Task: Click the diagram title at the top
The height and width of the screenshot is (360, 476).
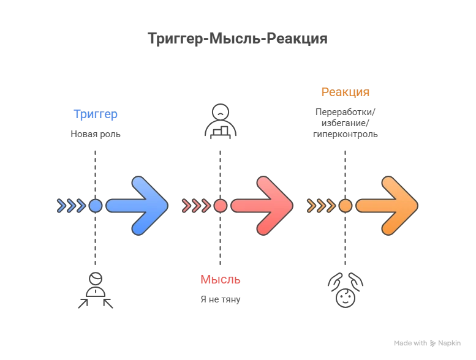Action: click(238, 38)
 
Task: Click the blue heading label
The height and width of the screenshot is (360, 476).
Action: click(95, 114)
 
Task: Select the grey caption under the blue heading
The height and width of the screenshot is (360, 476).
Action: click(95, 133)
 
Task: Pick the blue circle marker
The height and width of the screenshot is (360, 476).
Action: click(96, 206)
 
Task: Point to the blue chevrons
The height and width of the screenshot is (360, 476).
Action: click(71, 206)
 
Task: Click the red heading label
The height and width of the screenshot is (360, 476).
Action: click(221, 280)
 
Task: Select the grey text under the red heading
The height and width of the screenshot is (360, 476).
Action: click(221, 299)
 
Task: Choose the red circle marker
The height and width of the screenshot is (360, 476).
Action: click(221, 206)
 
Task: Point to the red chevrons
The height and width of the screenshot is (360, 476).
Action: click(197, 206)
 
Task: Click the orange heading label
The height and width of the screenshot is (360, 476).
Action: click(346, 92)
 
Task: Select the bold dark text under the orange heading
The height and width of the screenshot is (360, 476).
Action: click(346, 117)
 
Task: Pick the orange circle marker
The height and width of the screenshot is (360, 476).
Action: click(346, 206)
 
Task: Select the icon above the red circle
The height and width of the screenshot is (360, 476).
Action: click(221, 122)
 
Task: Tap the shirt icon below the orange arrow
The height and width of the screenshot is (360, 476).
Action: click(346, 289)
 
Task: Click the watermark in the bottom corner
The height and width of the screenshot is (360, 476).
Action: click(426, 343)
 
